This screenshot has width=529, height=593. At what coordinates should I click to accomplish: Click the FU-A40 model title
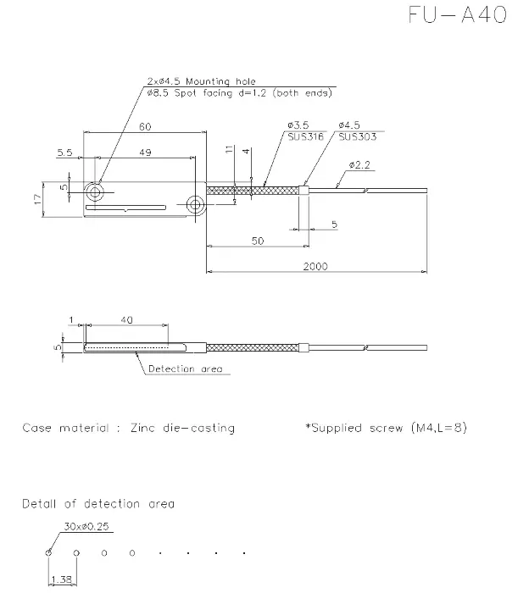click(458, 15)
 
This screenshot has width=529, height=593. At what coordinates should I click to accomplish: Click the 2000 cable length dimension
click(315, 266)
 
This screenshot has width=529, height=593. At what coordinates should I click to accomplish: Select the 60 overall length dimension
click(145, 126)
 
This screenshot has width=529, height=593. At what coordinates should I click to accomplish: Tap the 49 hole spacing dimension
click(145, 152)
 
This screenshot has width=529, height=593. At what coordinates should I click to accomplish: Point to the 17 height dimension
click(38, 199)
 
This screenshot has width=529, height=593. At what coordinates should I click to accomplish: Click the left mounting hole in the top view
click(95, 192)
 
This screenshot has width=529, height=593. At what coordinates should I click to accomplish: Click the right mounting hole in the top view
click(195, 205)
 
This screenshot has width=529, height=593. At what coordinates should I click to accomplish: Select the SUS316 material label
click(306, 136)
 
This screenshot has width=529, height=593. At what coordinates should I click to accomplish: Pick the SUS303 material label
click(357, 136)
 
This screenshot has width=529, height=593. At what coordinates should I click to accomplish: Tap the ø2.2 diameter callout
click(359, 165)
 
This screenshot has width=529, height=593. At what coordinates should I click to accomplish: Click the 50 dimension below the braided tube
click(258, 241)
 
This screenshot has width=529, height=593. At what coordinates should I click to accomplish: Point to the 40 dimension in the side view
click(127, 320)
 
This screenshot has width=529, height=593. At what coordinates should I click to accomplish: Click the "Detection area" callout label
click(185, 369)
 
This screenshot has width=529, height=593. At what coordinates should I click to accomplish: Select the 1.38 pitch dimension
click(61, 579)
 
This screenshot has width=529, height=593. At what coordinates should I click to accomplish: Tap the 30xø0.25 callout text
click(86, 526)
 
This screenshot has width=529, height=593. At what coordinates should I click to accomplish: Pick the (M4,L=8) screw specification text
click(439, 428)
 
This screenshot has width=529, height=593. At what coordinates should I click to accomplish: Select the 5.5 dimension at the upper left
click(64, 152)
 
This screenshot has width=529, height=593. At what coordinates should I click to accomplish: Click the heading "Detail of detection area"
click(98, 504)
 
